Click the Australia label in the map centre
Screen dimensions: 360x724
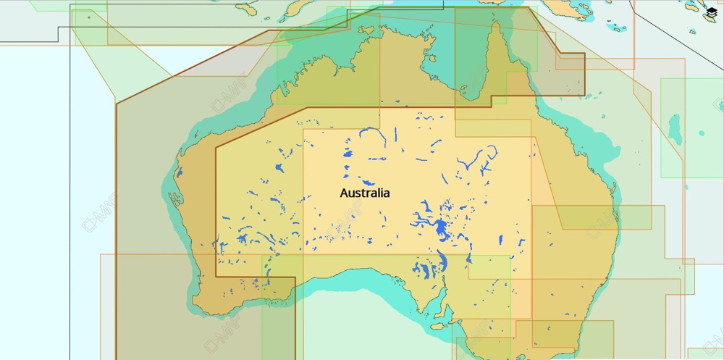click(x=365, y=193)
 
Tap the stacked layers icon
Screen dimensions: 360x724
click(x=710, y=14)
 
